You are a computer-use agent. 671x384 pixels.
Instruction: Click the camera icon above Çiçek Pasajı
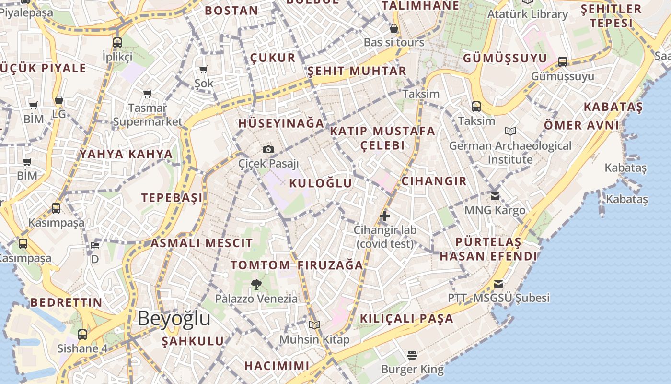tap(268, 150)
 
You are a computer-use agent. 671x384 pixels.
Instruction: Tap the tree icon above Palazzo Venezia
tap(256, 284)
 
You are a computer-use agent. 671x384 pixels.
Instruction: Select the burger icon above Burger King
tap(412, 355)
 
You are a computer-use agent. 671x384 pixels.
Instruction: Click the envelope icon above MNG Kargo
tap(495, 196)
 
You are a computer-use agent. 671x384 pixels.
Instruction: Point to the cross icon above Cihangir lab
tap(384, 216)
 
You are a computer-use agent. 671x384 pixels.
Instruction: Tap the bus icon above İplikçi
tap(117, 42)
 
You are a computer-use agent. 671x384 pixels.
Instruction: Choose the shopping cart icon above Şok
tap(204, 70)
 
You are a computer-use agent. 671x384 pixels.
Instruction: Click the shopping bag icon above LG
tap(59, 100)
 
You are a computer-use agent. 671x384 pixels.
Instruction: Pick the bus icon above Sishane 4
tap(82, 334)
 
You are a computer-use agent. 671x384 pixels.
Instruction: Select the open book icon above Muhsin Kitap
tap(314, 325)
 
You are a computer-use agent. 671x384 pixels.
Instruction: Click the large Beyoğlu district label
tap(174, 319)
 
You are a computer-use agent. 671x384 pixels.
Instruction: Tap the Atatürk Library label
tap(527, 14)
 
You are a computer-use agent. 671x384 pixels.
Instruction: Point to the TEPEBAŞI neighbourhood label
tap(172, 198)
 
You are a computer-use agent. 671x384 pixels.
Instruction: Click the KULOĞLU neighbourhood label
tap(321, 183)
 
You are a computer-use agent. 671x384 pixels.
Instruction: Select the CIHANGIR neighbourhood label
tap(434, 181)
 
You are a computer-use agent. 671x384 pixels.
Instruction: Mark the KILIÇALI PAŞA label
tap(406, 318)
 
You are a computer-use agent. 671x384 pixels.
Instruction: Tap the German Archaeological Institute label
tap(510, 152)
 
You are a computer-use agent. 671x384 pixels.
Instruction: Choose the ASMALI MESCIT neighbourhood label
tap(201, 243)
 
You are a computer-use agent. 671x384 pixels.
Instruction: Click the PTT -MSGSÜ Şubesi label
tap(498, 298)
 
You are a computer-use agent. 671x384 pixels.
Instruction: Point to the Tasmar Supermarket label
tap(148, 115)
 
